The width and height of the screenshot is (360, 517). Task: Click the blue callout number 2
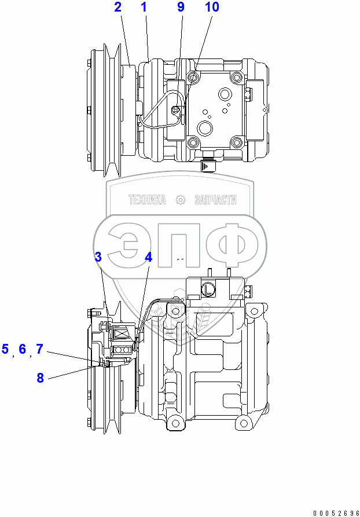118,7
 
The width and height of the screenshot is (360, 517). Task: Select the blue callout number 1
144,7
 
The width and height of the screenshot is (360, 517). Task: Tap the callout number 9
181,7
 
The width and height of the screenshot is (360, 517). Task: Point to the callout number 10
212,7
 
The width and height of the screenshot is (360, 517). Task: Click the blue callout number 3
98,257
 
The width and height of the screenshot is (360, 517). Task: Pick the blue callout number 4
149,258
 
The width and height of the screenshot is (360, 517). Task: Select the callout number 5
5,349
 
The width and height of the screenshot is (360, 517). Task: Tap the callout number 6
22,349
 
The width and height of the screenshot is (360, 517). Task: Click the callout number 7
39,349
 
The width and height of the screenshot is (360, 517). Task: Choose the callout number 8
40,378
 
